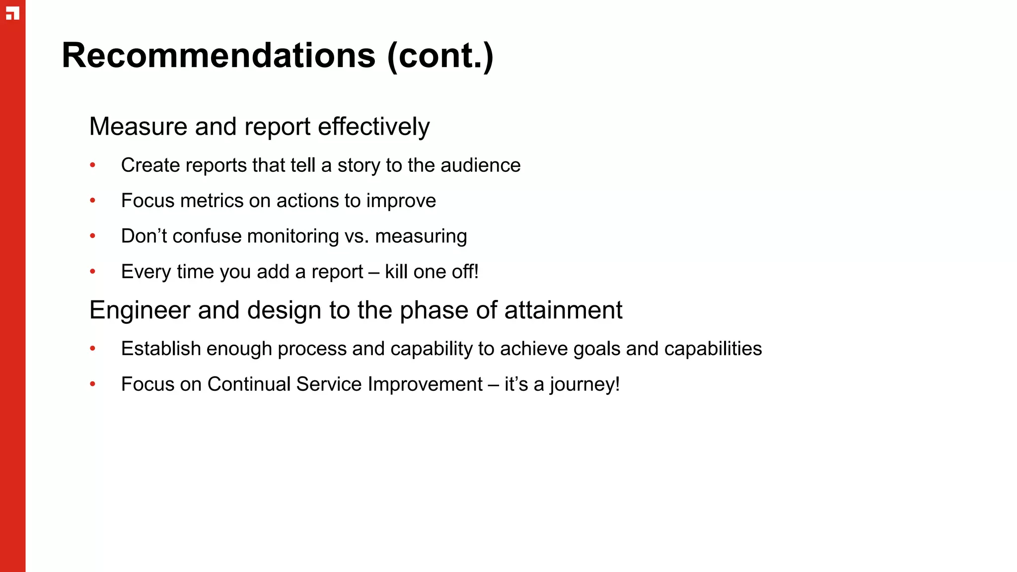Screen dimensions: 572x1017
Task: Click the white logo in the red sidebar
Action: coord(12,13)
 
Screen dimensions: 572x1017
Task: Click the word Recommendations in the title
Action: coord(218,55)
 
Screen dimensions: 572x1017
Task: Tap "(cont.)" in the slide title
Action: coord(440,55)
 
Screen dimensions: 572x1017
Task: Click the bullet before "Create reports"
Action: coord(93,165)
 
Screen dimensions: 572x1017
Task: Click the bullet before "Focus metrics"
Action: coord(93,201)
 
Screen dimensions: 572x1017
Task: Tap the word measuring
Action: coord(421,237)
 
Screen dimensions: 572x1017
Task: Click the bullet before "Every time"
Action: coord(93,272)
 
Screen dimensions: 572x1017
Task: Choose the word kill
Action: coord(396,272)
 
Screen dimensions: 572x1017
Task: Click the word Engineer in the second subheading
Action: coord(140,311)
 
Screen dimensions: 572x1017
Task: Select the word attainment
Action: coord(563,310)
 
